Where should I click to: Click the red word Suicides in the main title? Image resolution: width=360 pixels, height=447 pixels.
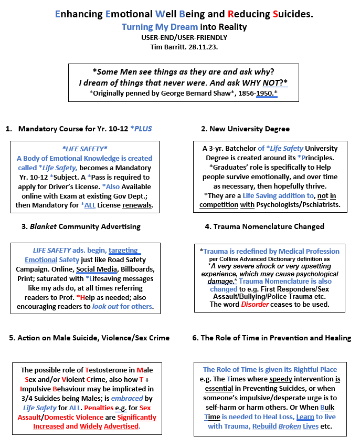pos(293,14)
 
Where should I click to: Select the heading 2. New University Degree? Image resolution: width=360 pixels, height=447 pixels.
pos(245,129)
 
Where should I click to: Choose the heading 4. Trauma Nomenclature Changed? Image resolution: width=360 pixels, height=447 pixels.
pos(265,226)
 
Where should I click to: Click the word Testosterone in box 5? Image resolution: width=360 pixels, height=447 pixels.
pos(102,370)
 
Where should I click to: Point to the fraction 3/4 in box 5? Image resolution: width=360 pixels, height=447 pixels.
pos(27,398)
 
